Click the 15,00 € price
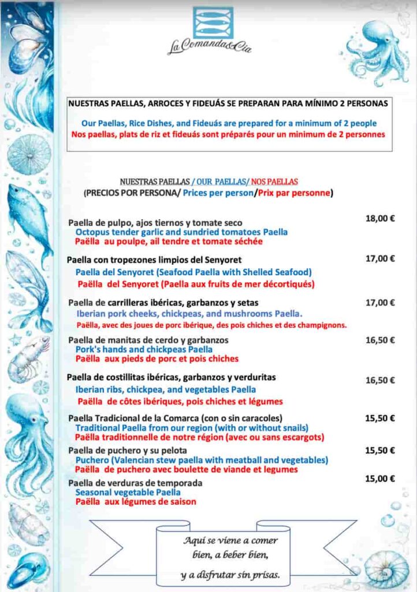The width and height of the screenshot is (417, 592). click(x=379, y=479)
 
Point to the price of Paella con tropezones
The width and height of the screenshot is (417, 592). click(x=379, y=259)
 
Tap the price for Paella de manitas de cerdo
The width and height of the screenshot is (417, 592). click(x=379, y=340)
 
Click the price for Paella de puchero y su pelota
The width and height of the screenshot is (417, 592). click(x=379, y=450)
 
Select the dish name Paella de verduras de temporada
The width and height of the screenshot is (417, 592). click(x=135, y=483)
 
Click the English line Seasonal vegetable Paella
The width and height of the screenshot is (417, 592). click(x=128, y=493)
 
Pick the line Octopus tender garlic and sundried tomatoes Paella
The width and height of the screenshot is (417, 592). click(x=181, y=232)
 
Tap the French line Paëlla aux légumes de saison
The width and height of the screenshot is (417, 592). click(x=136, y=502)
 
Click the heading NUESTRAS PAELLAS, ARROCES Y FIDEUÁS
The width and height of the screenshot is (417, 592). click(x=228, y=104)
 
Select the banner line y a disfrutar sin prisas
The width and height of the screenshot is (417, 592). click(x=230, y=575)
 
